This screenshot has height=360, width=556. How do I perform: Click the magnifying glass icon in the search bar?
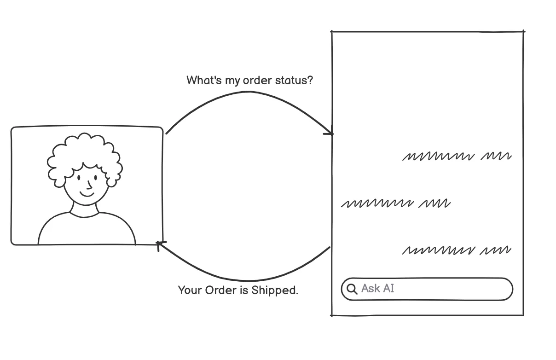point(352,289)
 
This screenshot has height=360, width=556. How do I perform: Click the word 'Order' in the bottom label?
point(221,290)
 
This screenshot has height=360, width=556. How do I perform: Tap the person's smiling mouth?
point(86,192)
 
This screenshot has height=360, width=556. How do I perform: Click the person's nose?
point(89,185)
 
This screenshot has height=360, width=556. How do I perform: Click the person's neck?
point(85,209)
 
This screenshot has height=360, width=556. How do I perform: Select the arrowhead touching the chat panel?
point(329,134)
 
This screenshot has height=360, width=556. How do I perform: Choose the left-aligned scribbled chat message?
point(395,203)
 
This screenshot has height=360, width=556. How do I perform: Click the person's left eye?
point(79,177)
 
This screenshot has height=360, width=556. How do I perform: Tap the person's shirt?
point(87,230)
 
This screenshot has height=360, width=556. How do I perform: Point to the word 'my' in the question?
point(232,81)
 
